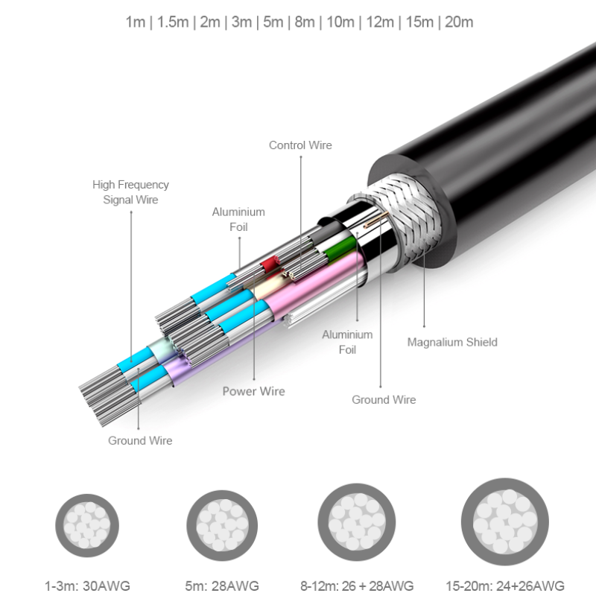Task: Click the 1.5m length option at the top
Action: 172,22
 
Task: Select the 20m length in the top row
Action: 458,22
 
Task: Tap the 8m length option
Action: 304,22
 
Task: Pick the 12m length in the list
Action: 380,22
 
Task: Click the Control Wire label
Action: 300,145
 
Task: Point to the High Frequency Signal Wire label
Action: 130,192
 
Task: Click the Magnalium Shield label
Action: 451,343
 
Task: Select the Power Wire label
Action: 253,391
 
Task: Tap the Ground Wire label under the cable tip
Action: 140,440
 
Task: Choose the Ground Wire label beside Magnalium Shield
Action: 384,400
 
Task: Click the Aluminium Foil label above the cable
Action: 238,219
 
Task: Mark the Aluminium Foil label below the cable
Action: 347,342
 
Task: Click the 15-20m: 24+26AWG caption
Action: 506,585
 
